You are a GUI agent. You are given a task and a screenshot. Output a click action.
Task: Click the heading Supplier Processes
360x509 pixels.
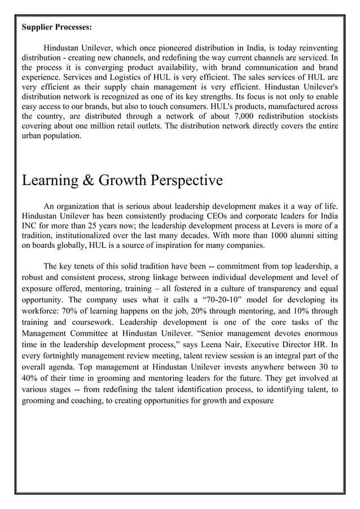click(x=57, y=27)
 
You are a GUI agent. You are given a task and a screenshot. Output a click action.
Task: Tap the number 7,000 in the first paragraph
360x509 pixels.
click(x=228, y=117)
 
